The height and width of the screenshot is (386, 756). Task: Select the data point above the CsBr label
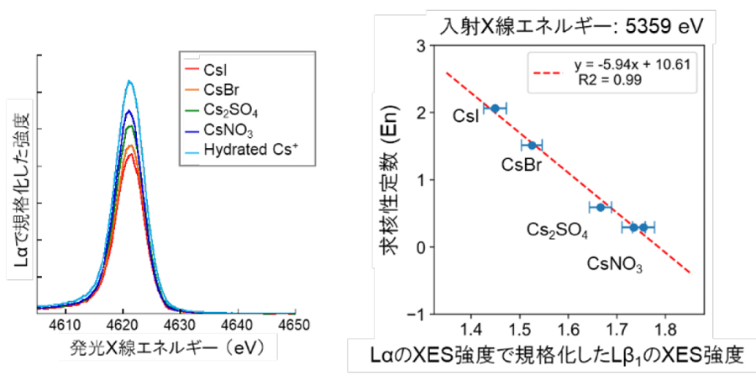point(532,145)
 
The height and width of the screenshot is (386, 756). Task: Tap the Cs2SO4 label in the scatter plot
point(557,229)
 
